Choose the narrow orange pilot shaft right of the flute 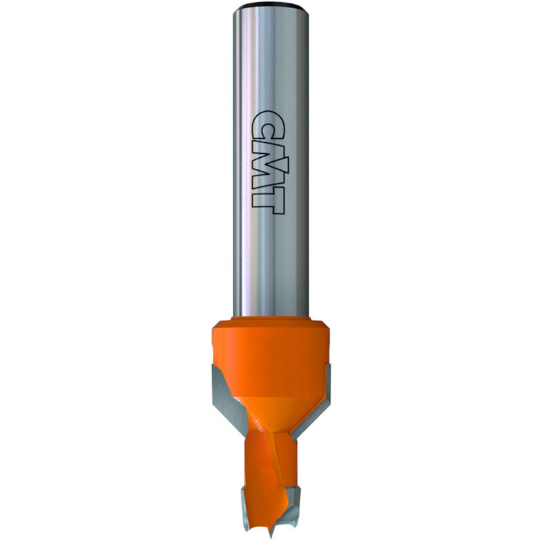[x=288, y=467]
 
